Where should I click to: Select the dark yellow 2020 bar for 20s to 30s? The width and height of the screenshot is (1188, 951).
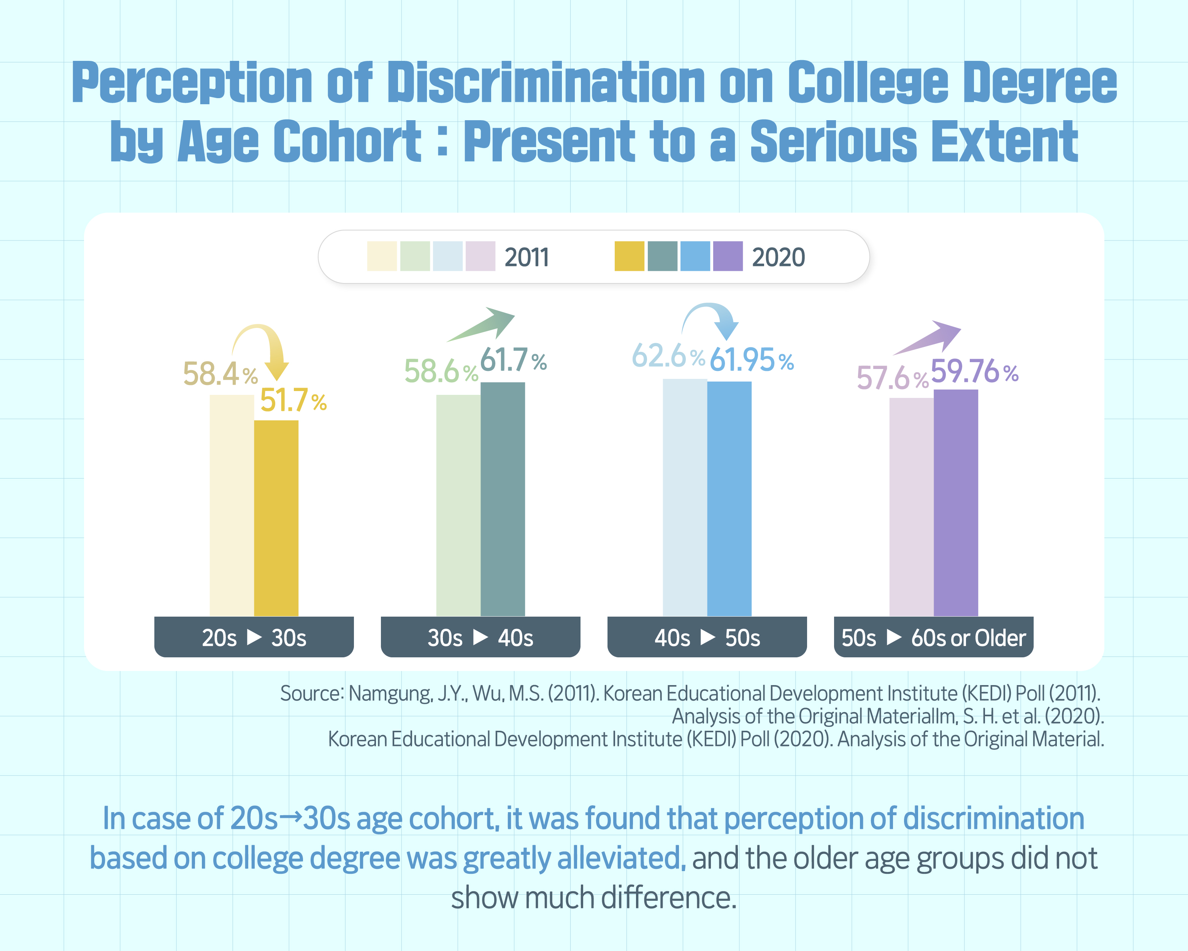click(x=276, y=518)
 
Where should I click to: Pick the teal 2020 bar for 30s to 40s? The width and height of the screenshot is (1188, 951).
click(x=503, y=499)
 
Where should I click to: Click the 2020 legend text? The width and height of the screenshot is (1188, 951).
click(x=778, y=258)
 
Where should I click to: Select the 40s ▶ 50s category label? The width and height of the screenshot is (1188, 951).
click(x=707, y=638)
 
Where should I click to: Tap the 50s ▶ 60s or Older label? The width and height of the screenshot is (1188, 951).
click(x=933, y=638)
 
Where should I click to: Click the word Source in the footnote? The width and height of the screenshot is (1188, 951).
click(x=312, y=693)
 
